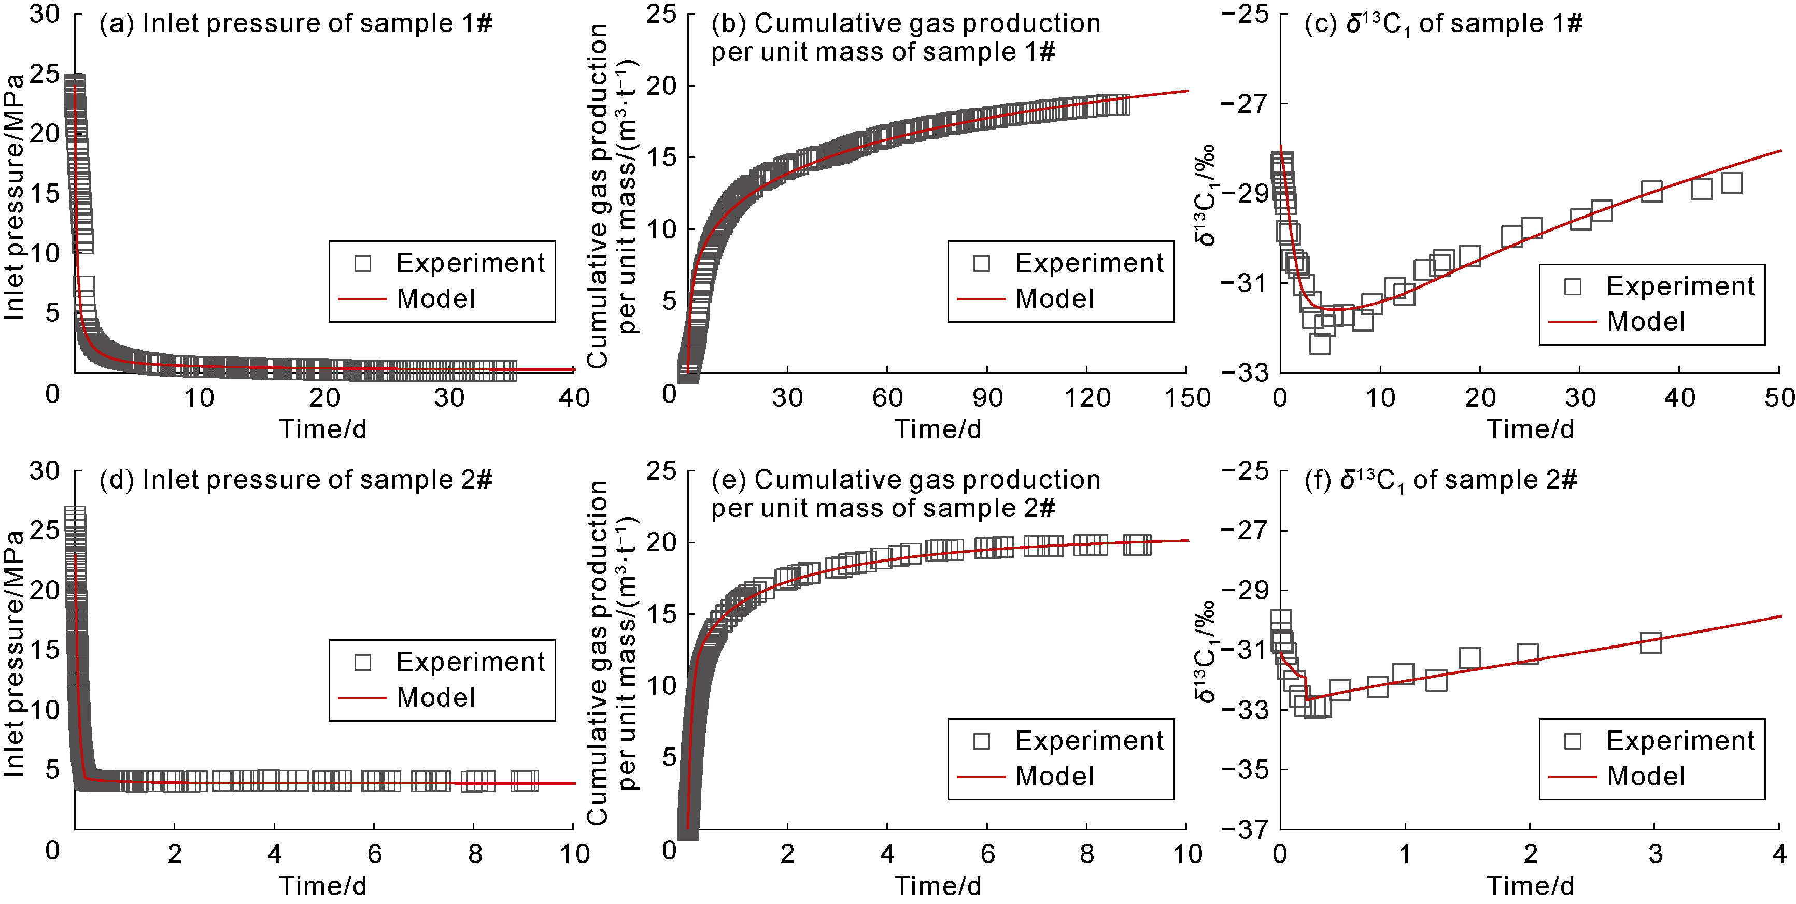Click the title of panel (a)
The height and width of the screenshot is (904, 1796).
295,24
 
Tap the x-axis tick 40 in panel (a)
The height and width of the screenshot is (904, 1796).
574,398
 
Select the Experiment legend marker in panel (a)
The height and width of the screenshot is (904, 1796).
362,264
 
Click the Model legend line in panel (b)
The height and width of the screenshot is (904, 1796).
981,299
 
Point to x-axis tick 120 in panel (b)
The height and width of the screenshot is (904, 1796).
1087,398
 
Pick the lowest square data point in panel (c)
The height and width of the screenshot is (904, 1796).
1319,343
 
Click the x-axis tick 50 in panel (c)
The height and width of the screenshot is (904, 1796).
1779,398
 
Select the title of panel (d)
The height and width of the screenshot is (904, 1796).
295,480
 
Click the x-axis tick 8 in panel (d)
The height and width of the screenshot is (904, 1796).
475,854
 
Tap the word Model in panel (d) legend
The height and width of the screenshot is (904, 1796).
436,698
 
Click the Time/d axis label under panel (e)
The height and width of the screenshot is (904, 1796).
938,886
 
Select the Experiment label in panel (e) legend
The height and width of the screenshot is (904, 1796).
1089,740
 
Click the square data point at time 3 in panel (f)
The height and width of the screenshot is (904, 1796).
1650,642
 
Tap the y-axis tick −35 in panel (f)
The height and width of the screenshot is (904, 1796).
1245,769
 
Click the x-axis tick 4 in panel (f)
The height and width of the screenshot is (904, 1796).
1780,854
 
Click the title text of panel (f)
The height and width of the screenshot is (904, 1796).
1440,480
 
